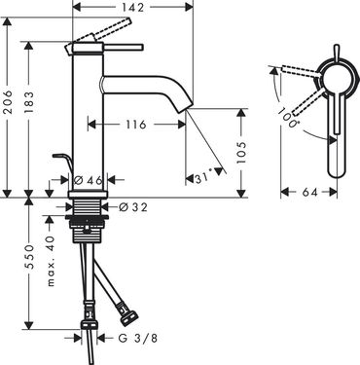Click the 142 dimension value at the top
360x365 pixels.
[133, 7]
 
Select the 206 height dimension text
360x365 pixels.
[8, 102]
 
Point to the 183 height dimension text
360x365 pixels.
[28, 102]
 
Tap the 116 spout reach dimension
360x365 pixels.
[135, 125]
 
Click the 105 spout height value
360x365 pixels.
[241, 153]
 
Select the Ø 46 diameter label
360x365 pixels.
[89, 180]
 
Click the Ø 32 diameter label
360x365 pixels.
[133, 206]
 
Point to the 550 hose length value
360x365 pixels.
[29, 256]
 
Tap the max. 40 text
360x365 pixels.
[50, 261]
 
